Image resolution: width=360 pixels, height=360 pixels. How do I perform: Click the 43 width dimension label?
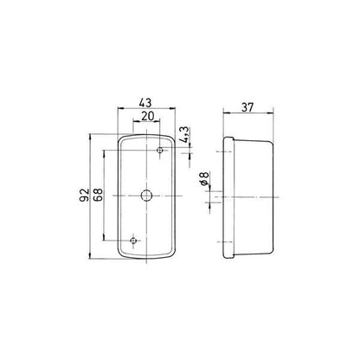coord(145,102)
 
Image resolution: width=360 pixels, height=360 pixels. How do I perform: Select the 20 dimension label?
coord(147,116)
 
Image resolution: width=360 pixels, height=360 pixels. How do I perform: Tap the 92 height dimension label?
coord(84,195)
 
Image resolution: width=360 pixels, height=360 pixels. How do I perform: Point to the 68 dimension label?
coord(98,195)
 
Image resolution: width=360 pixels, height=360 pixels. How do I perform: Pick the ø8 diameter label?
coord(204,178)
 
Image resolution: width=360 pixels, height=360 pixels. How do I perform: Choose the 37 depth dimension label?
coord(247,107)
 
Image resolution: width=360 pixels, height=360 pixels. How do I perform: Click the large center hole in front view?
coord(146,196)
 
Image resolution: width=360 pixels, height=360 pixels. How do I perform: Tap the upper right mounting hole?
coord(160,150)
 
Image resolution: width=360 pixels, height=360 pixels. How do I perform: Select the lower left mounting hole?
coord(133,241)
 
